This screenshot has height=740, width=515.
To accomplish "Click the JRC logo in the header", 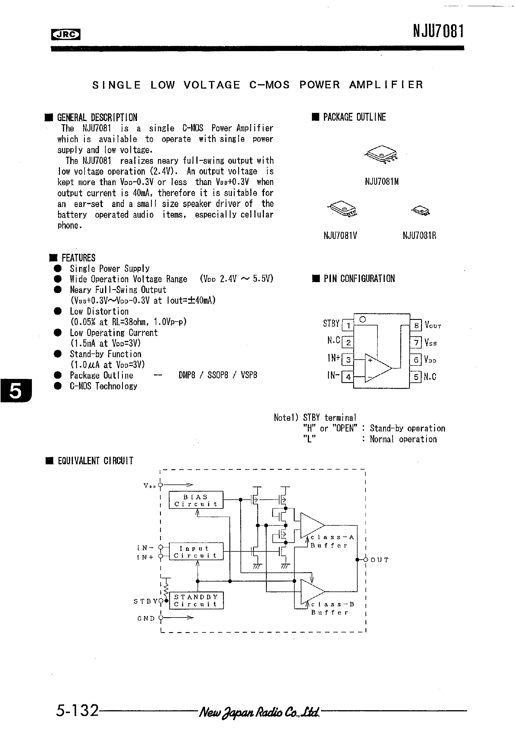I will tap(66, 35).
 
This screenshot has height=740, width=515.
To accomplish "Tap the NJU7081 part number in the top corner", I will tap(438, 32).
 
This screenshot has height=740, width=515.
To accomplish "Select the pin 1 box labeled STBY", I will tap(348, 325).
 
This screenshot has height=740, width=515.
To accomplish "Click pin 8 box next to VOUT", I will tap(416, 325).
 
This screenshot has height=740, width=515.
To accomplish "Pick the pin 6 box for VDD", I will tap(416, 359).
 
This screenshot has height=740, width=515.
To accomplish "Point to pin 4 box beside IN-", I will tap(348, 377).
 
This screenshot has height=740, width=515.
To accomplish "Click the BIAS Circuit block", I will tap(196, 500).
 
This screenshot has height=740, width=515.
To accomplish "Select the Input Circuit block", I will tap(196, 551).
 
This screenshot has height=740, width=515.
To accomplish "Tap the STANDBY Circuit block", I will tap(196, 601).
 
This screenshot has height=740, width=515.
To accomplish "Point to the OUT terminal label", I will tap(379, 560).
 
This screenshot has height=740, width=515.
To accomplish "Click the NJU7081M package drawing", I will tap(381, 155).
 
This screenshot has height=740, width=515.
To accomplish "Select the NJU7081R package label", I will tap(419, 236).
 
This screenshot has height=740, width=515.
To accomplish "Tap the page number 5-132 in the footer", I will tap(77, 710).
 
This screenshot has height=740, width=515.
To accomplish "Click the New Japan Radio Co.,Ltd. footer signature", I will tap(259, 711).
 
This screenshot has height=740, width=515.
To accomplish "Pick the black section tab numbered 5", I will tap(16, 391).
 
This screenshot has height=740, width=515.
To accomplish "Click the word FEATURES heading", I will tap(78, 258).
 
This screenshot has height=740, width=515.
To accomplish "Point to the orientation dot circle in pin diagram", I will tap(363, 319).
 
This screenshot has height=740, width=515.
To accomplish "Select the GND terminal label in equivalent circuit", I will tap(146, 618).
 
